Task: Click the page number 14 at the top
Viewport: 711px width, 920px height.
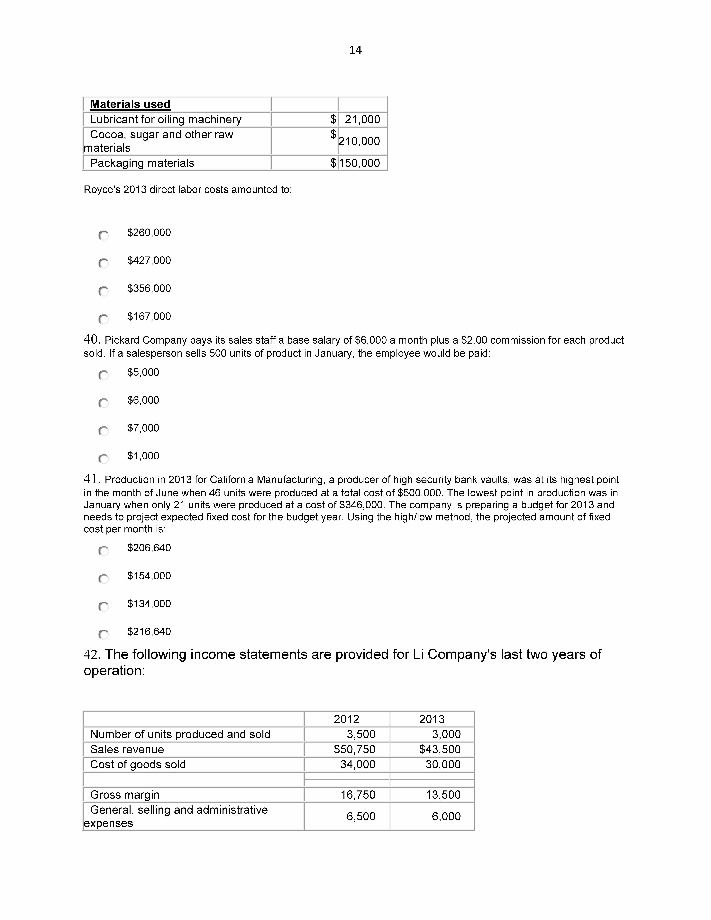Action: pyautogui.click(x=355, y=50)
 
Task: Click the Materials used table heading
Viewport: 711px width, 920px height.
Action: pyautogui.click(x=130, y=104)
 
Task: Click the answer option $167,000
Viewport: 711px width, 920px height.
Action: pyautogui.click(x=149, y=316)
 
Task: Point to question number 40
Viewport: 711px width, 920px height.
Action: pyautogui.click(x=91, y=339)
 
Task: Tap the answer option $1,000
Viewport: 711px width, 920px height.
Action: pyautogui.click(x=143, y=456)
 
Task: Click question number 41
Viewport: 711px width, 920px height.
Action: pyautogui.click(x=91, y=479)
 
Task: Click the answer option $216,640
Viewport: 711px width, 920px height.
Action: pyautogui.click(x=149, y=631)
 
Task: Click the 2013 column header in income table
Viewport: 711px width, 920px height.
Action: pyautogui.click(x=432, y=719)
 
